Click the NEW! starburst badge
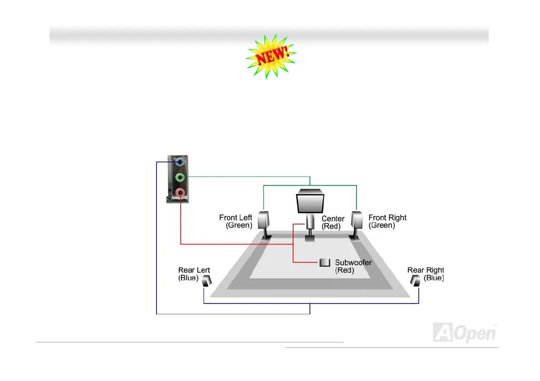coord(271,57)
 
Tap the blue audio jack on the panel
coord(180,162)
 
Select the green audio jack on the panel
coord(180,177)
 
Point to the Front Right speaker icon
coord(357,221)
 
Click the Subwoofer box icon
coord(324,263)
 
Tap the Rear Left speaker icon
coord(207,281)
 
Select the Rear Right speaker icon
coord(415,281)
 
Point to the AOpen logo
coord(465,332)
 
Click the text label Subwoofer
coord(353,263)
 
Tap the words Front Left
coord(236,218)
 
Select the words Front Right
coord(388,218)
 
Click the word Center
coord(333,219)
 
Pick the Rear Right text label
coord(426,270)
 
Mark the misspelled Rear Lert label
coord(194,270)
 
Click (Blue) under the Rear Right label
coord(434,278)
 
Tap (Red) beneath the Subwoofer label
coord(344,270)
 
